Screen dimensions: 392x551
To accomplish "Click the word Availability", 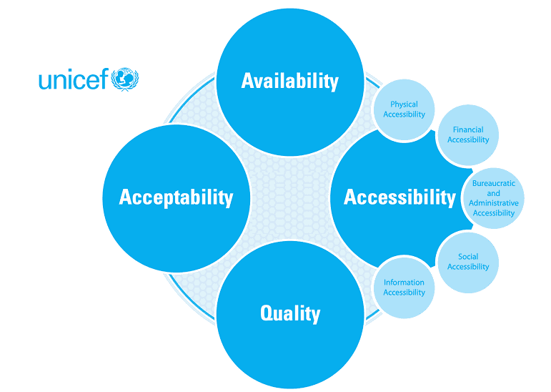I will tap(289, 81).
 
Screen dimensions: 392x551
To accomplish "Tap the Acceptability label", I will tap(176, 197).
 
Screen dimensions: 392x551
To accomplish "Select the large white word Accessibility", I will tap(399, 197).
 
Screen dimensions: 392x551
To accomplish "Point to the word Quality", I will tap(289, 313).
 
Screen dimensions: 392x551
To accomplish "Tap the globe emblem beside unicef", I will tap(126, 78).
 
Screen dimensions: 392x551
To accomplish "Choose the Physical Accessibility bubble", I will tap(404, 110).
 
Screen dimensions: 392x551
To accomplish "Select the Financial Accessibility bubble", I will tap(468, 135).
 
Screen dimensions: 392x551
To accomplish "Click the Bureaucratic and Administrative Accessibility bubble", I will tap(494, 198).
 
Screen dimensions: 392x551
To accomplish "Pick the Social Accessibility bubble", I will tap(468, 262).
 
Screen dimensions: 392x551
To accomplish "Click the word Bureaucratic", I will tap(494, 184).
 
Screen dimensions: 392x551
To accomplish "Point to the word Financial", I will tap(468, 130).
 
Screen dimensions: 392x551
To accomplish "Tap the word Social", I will tap(468, 257).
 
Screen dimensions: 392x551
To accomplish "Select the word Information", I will tap(404, 283).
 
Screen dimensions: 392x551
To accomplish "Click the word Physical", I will tap(404, 105).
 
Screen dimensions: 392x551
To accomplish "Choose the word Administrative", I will tap(494, 203).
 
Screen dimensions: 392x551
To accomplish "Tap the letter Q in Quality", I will tap(267, 313).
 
